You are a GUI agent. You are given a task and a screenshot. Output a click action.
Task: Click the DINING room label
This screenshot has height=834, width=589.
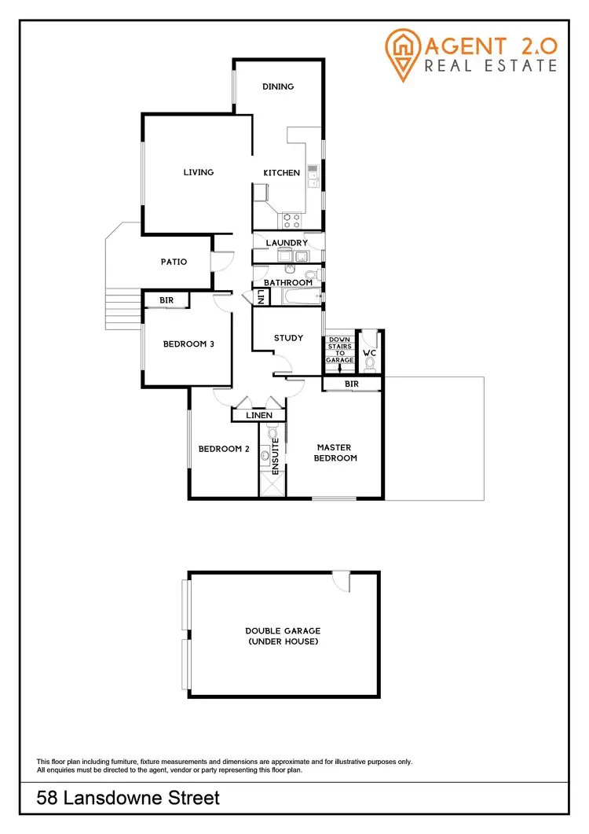(278, 86)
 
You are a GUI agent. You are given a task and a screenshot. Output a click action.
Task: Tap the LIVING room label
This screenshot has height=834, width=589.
(199, 172)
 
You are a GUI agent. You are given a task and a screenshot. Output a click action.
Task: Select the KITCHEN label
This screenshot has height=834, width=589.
(281, 173)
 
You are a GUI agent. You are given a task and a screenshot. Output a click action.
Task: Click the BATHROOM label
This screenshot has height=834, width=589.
(287, 282)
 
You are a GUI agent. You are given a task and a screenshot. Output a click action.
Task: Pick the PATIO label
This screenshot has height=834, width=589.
(174, 262)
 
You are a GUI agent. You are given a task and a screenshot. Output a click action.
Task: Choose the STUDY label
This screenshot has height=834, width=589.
(288, 338)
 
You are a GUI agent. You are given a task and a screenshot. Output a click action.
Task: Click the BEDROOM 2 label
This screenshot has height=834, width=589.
(224, 449)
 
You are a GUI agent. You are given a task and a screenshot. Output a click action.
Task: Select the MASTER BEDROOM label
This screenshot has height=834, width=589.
(335, 453)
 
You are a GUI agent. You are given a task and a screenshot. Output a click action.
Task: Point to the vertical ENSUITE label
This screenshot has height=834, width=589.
(275, 457)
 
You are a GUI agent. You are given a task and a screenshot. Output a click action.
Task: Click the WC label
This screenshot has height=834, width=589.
(370, 353)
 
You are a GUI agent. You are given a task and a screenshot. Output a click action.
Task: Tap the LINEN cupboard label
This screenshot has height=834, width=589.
(259, 415)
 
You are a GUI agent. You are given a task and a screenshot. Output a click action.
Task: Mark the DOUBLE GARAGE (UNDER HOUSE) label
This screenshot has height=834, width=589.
(283, 636)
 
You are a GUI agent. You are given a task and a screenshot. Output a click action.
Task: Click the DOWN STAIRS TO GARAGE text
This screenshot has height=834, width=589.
(341, 350)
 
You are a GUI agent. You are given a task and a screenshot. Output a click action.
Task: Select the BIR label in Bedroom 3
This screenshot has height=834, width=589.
(166, 300)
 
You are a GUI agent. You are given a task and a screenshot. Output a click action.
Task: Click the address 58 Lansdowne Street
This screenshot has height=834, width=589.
(129, 799)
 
